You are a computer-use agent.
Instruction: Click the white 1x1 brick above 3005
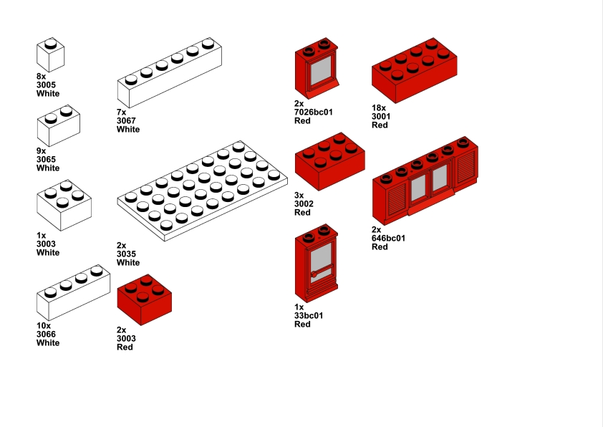pos(50,54)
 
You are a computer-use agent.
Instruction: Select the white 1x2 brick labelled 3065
pos(59,125)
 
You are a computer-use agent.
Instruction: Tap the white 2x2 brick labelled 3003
pos(64,205)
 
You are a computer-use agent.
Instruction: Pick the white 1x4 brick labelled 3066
pos(74,292)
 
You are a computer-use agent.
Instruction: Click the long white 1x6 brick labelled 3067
pos(170,72)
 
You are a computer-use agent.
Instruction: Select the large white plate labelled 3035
pos(202,191)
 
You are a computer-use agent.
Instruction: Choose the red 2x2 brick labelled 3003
pos(145,299)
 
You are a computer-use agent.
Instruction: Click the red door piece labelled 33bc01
pos(316,263)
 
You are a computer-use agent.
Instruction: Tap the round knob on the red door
pos(314,274)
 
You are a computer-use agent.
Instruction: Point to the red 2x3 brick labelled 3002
pos(330,162)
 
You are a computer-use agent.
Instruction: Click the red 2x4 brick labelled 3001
pos(414,70)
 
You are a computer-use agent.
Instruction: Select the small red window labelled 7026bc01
pos(317,68)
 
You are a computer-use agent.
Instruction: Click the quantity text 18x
pos(379,107)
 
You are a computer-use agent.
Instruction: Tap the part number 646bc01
pos(388,238)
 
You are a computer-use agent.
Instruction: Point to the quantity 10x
pos(44,326)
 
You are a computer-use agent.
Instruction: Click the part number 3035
pos(126,254)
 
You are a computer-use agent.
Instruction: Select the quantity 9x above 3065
pos(41,150)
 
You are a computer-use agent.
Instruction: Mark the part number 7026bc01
pos(314,112)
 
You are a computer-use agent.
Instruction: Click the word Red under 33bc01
pos(302,325)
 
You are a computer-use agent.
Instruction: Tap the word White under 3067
pos(128,129)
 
